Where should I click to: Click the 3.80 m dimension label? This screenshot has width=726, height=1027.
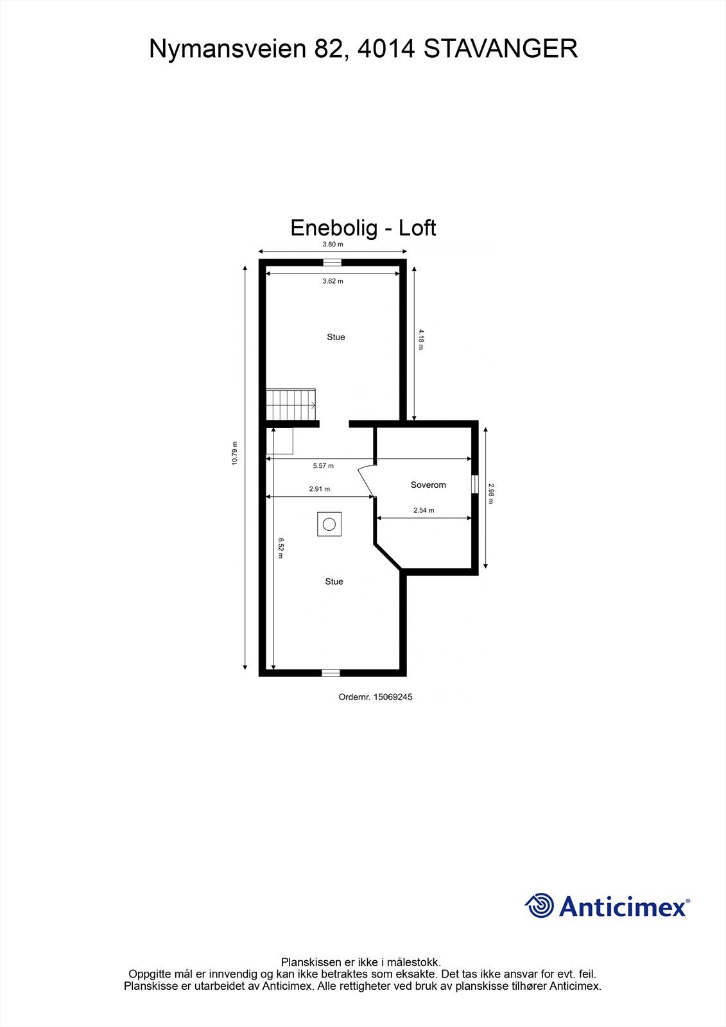click(332, 245)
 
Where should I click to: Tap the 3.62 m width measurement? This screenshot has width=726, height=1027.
click(333, 281)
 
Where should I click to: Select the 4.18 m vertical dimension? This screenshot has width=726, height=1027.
click(421, 339)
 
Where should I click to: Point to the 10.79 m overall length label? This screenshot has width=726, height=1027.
click(235, 453)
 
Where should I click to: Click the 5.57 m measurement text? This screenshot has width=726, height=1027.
click(323, 465)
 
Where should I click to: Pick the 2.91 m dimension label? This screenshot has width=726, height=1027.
click(319, 489)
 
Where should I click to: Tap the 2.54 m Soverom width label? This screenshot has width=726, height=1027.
click(424, 510)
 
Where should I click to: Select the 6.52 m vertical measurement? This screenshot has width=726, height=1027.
click(281, 548)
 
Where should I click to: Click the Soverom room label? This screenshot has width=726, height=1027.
click(428, 485)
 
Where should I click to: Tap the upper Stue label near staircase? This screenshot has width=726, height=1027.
click(336, 337)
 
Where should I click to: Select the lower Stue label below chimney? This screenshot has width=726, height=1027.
click(334, 582)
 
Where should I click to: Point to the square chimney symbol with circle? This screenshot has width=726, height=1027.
click(329, 524)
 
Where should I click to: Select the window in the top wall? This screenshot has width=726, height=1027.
click(332, 262)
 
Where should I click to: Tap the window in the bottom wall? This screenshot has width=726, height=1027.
click(330, 673)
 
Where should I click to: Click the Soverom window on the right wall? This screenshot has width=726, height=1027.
click(475, 484)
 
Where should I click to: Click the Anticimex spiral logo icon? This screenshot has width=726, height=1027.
click(539, 906)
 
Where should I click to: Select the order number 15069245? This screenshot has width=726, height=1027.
click(375, 696)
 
